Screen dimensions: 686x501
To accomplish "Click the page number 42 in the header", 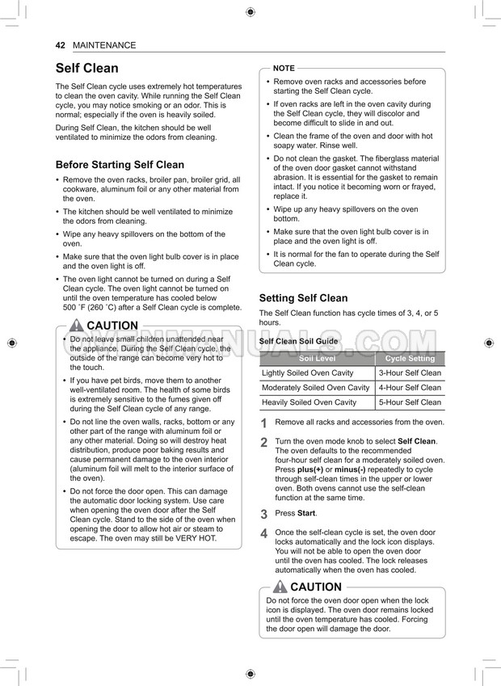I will click(60, 45).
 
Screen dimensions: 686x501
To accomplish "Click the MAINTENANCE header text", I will click(104, 45).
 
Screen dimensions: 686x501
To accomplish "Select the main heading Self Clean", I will click(86, 68).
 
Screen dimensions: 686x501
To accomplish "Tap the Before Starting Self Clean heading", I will click(120, 164).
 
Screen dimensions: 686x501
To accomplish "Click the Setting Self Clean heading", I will click(303, 298).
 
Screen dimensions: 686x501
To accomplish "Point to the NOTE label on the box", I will click(284, 68).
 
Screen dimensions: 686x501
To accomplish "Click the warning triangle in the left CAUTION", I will click(76, 326).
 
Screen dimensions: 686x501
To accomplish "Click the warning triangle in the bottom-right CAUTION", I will click(280, 587).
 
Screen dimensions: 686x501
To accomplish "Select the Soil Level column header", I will click(317, 358).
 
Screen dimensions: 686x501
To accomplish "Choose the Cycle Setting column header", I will click(410, 358).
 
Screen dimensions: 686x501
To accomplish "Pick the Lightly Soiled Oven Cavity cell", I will click(308, 373).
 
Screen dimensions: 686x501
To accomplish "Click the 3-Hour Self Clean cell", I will click(410, 373).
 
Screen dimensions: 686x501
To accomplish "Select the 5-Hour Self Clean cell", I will click(410, 402).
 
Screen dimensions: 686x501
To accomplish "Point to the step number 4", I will click(263, 534).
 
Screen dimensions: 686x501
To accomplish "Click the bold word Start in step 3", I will click(306, 513).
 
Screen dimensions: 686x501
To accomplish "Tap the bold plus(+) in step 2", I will click(310, 469).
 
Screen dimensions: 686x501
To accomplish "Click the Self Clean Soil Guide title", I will click(298, 342).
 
